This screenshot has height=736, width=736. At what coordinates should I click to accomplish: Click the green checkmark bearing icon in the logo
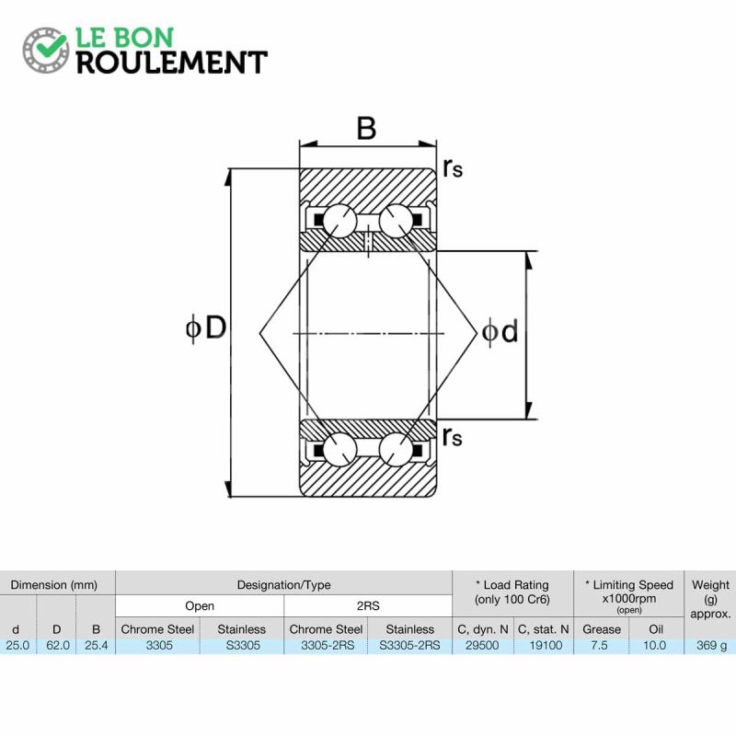click(x=46, y=50)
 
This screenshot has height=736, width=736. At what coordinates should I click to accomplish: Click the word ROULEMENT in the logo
click(x=172, y=63)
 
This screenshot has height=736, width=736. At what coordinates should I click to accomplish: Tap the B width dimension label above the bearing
click(x=366, y=128)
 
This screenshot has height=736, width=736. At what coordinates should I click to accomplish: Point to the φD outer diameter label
click(x=206, y=328)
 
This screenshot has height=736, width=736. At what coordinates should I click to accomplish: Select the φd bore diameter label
click(x=500, y=331)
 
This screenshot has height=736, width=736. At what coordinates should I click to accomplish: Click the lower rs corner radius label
click(x=453, y=437)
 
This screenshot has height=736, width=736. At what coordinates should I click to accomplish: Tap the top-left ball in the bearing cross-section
click(x=339, y=221)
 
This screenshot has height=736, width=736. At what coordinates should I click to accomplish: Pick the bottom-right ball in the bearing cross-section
click(x=397, y=449)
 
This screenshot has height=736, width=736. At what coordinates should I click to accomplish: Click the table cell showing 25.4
click(x=97, y=646)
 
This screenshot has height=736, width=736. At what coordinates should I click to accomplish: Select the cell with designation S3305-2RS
click(x=409, y=646)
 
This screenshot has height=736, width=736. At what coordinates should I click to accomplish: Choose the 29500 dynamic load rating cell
click(x=482, y=646)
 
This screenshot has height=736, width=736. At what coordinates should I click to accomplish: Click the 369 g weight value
click(x=711, y=646)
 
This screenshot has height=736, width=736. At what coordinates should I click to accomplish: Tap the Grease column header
click(x=602, y=629)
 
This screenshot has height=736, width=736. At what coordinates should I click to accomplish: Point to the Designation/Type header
click(x=283, y=585)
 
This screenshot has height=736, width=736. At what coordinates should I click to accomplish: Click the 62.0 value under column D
click(x=58, y=646)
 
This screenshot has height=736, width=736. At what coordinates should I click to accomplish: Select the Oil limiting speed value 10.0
click(x=654, y=646)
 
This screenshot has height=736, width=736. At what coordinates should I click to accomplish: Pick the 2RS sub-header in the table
click(x=367, y=606)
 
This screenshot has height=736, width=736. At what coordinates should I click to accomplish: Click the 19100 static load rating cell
click(x=546, y=646)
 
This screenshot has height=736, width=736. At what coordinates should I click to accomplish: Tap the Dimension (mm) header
click(x=54, y=585)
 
